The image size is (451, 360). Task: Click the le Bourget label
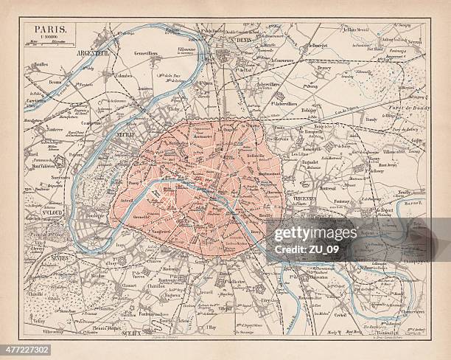tap(318, 46)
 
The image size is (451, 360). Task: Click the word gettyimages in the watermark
tap(316, 235)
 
